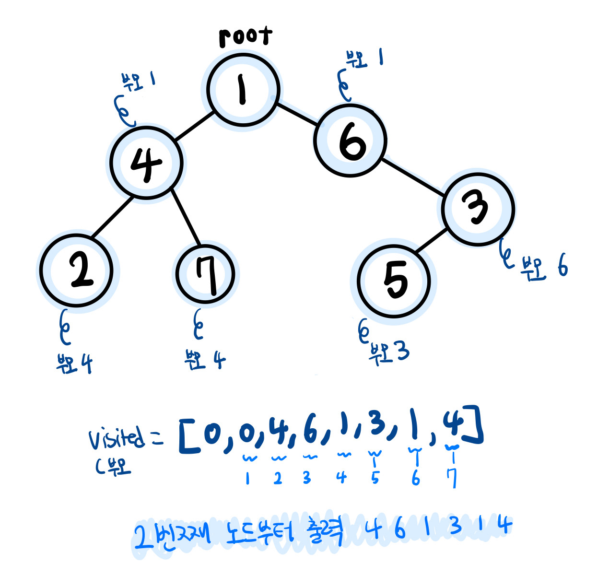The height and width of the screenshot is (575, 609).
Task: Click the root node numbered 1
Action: pyautogui.click(x=243, y=90)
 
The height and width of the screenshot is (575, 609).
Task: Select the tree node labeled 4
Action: pyautogui.click(x=146, y=163)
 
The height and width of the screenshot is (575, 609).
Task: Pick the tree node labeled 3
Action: pyautogui.click(x=478, y=209)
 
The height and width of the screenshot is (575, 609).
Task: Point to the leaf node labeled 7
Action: pyautogui.click(x=205, y=275)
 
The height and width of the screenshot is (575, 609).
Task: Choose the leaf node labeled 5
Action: pyautogui.click(x=394, y=281)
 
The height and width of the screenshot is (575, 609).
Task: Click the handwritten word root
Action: pyautogui.click(x=245, y=36)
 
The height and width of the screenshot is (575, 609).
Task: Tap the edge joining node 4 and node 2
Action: pyautogui.click(x=112, y=217)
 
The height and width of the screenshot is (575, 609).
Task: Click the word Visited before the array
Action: pyautogui.click(x=116, y=437)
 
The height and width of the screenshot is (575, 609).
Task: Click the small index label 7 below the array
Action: pyautogui.click(x=452, y=478)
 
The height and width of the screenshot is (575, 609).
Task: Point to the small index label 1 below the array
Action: pyautogui.click(x=247, y=478)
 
